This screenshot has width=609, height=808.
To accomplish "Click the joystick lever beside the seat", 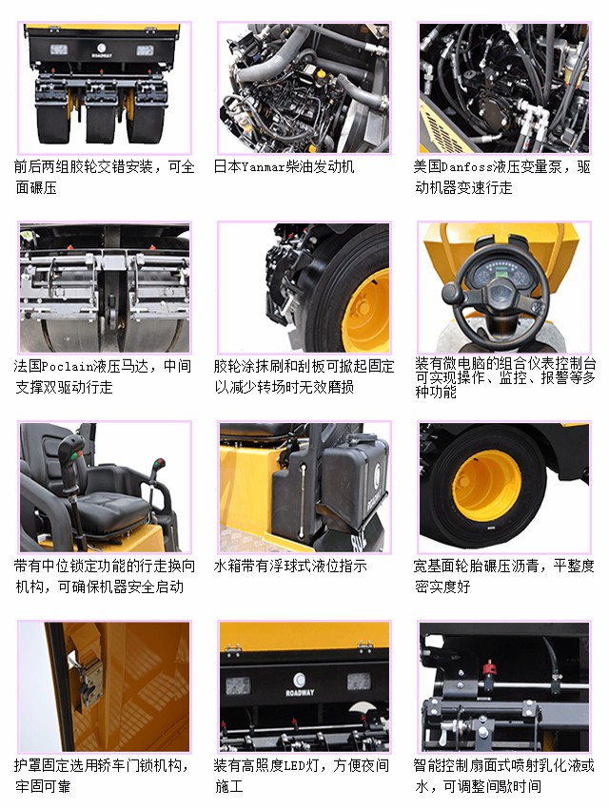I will pos(74,456).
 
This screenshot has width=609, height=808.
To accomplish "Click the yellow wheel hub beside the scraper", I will pos(366,309).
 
